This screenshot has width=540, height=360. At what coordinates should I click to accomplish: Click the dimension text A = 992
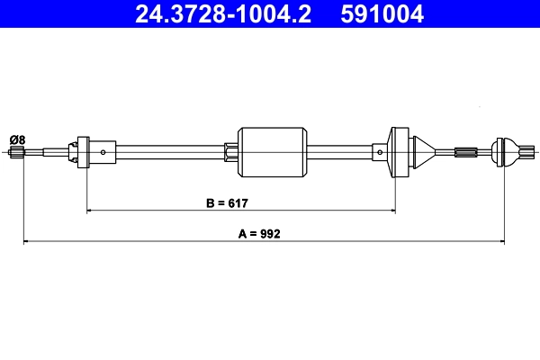(260, 233)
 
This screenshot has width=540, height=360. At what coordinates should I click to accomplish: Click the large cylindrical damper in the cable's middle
(272, 152)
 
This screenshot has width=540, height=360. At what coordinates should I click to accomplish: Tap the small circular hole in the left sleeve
(104, 152)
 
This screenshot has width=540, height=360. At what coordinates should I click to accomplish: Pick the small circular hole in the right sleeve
(381, 152)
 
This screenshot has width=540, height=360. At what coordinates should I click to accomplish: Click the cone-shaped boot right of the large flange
(423, 152)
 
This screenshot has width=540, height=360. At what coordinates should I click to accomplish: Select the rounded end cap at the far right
(508, 152)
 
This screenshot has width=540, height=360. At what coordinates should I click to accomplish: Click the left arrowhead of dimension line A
(26, 241)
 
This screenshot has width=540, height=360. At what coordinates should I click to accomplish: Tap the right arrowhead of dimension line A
(500, 241)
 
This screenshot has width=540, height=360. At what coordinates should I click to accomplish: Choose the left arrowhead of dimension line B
(90, 211)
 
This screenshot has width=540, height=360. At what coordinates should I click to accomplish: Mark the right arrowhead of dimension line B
(391, 211)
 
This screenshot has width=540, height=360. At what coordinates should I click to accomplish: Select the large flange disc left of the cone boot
(397, 152)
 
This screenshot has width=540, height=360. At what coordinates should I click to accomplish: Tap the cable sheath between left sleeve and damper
(171, 152)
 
